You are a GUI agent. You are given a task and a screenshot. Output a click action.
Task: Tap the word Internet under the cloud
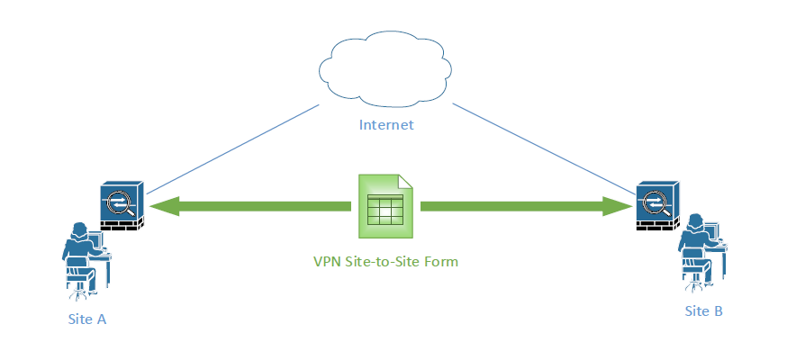pos(386,125)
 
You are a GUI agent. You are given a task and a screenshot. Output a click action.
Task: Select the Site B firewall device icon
pos(657,206)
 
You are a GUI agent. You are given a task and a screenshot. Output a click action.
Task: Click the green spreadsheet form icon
pos(385,206)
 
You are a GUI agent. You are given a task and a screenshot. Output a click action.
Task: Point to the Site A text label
pos(87,319)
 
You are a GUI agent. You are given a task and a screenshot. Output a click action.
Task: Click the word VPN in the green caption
pos(327,262)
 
